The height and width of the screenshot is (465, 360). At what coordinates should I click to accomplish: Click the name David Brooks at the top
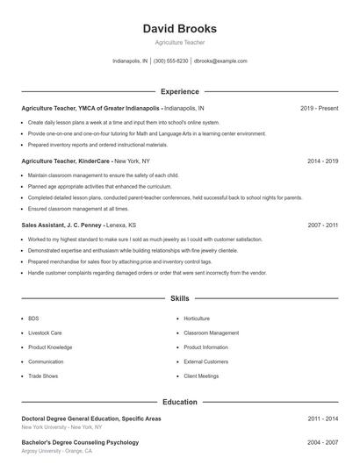(179, 29)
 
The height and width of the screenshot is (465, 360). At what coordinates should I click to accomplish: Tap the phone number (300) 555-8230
(170, 61)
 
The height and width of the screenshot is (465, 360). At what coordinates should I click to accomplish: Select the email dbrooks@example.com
(220, 61)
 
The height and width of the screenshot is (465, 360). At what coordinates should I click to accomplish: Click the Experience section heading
(179, 91)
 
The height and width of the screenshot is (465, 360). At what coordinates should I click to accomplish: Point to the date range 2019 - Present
(319, 108)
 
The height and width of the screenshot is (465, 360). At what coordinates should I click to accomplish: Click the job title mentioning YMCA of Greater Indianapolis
(90, 108)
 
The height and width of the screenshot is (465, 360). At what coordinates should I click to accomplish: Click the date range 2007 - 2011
(322, 225)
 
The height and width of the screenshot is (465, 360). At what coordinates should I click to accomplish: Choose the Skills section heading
(179, 299)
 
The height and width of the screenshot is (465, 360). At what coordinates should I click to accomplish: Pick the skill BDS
(33, 318)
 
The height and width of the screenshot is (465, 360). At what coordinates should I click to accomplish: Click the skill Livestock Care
(45, 333)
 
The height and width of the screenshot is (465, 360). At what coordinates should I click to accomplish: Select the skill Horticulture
(197, 318)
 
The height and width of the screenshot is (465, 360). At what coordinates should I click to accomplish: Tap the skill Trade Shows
(43, 376)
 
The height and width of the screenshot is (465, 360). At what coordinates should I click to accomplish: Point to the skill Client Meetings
(201, 376)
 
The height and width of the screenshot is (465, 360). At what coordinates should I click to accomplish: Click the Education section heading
(179, 402)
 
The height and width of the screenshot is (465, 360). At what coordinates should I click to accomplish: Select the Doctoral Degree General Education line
(91, 418)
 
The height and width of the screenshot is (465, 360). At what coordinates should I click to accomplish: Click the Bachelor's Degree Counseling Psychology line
(80, 442)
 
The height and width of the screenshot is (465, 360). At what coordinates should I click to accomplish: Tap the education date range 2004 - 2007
(322, 442)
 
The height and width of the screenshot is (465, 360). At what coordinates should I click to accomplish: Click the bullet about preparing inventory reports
(97, 145)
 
